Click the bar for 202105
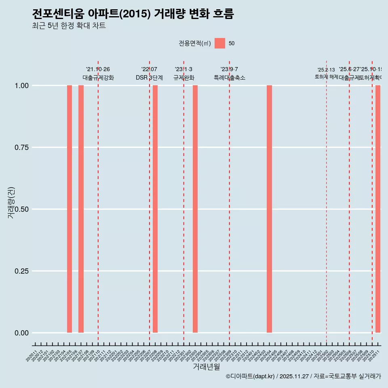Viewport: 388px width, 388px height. [70, 209]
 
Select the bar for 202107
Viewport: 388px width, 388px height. [81, 209]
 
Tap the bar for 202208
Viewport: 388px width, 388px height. [155, 209]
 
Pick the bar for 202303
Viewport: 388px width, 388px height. [195, 209]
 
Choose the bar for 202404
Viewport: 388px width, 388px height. [269, 209]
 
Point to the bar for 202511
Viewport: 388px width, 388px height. [378, 209]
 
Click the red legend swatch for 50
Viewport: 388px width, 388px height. [220, 43]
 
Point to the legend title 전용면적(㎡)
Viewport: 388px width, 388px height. [194, 43]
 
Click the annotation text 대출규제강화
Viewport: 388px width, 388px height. [98, 78]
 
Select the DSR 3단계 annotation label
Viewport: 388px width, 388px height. [149, 78]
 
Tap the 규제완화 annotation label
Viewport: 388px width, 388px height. [184, 78]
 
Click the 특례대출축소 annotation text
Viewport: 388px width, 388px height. [230, 78]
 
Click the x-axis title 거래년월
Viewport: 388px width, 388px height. [207, 367]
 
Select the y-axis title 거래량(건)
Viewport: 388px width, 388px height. [11, 203]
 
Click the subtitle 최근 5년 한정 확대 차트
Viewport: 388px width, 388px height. [69, 26]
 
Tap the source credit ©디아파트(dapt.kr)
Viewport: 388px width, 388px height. [251, 376]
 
